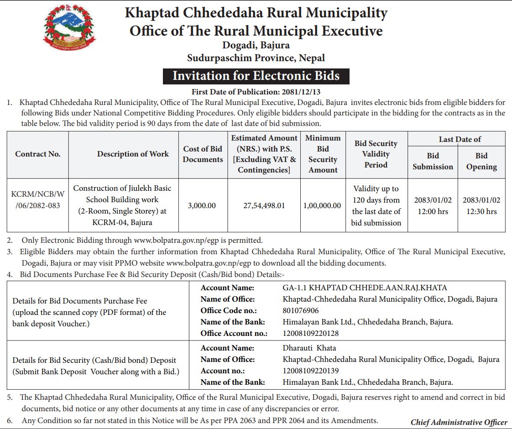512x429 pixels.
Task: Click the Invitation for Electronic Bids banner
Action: [256, 75]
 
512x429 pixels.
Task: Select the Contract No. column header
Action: [38, 154]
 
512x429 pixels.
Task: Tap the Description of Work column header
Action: [133, 154]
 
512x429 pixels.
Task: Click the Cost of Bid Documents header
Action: [203, 154]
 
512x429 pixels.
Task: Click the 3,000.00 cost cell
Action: [202, 205]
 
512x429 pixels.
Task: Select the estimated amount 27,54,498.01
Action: [264, 205]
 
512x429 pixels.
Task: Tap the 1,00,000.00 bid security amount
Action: [322, 205]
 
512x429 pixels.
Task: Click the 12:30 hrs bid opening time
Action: [481, 211]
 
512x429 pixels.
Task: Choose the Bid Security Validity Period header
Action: [376, 154]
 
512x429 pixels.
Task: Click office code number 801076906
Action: [301, 310]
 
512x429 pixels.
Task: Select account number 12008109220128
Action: [311, 333]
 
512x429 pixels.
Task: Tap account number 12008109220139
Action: [311, 371]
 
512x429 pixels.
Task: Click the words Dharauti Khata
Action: [309, 348]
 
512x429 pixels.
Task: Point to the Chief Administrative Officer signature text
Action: [459, 422]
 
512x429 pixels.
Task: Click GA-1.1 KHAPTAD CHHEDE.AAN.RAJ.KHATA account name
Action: [365, 288]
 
